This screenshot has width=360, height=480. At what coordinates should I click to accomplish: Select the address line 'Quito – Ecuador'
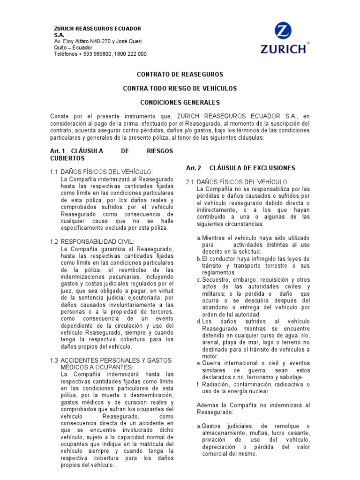[73, 47]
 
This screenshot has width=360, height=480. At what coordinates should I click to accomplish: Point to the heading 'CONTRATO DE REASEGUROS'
[180, 74]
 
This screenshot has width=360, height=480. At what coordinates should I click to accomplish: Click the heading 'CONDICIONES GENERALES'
[180, 102]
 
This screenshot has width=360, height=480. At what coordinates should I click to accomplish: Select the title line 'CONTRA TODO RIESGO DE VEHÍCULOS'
[180, 88]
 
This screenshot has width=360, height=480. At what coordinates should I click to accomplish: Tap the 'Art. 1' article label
[56, 151]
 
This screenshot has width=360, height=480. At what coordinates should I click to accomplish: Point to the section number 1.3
[53, 360]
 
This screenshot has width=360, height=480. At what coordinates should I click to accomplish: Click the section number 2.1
[190, 181]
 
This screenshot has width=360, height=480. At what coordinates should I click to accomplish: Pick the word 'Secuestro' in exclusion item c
[216, 280]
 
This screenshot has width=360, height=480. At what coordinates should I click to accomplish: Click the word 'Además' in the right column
[208, 405]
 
